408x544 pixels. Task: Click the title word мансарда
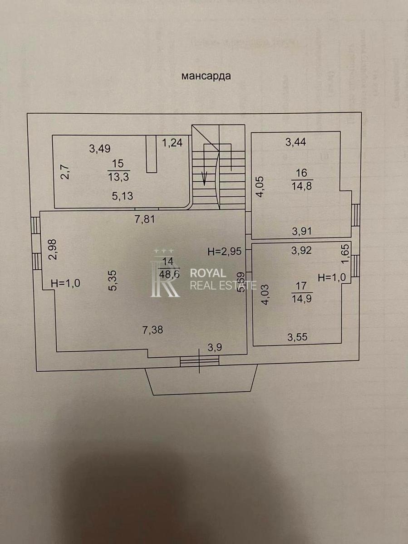(206, 76)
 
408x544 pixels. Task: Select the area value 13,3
(117, 175)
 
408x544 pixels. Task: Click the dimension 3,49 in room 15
(100, 148)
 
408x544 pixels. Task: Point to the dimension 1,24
(172, 143)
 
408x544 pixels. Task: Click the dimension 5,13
(123, 196)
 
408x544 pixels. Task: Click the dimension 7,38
(153, 330)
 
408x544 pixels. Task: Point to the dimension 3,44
(295, 142)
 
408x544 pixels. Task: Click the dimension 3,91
(302, 231)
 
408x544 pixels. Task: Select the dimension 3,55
(298, 337)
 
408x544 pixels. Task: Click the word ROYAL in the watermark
(207, 273)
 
